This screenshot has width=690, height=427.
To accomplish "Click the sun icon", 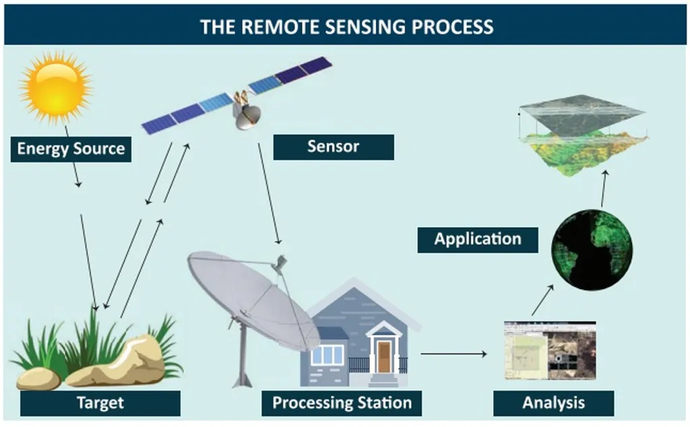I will pos(55,87).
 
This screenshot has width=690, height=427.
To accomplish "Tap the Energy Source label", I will pos(71,149).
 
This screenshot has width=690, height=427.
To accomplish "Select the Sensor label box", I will pos(333,147).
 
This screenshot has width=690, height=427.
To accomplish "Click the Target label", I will pos(100,403).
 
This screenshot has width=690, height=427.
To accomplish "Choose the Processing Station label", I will pos(342,403).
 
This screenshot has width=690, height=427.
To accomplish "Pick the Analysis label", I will pos(553,403).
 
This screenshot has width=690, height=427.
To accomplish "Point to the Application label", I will pos(477,239).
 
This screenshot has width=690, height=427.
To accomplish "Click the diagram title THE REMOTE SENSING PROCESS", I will pos(346,27).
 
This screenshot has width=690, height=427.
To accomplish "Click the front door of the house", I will pos(384,356).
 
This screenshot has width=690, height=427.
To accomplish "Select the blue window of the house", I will pos(327,355).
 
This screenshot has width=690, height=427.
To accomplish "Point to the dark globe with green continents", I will pos(592,249).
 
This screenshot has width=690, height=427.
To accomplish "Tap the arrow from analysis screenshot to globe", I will pos(542,300).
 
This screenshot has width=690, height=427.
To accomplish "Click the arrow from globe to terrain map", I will pos(604,188).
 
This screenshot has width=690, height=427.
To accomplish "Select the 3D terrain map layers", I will pos(581,135).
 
